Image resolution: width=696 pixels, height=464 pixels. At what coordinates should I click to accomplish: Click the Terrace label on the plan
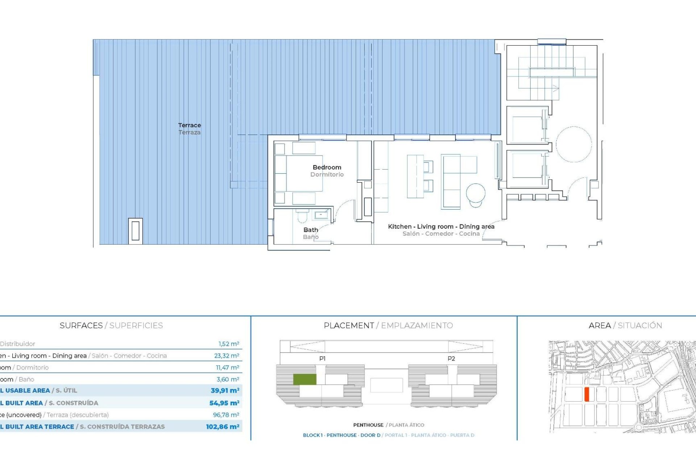189,125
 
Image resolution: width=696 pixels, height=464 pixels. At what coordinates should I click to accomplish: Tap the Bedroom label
327,167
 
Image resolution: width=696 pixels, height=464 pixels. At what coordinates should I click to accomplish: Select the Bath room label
311,230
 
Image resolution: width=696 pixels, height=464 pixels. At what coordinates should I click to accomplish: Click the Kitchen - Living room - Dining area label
441,227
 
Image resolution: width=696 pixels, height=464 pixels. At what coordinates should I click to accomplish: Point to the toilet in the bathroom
302,216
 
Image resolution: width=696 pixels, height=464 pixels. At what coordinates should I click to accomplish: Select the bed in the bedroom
299,173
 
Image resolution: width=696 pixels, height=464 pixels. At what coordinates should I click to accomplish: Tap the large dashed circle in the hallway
573,144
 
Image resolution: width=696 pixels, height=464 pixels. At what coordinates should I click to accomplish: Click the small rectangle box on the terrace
135,231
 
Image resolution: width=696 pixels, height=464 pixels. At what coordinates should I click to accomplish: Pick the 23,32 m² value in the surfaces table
226,356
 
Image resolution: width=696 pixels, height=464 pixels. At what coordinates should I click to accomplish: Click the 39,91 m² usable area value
225,390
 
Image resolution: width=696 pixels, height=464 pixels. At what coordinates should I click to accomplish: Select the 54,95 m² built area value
224,403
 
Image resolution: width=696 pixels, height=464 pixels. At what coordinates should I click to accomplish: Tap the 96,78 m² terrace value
226,415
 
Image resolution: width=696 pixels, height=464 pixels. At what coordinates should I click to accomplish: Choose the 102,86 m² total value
223,427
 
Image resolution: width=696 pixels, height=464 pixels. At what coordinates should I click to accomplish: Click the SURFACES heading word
81,326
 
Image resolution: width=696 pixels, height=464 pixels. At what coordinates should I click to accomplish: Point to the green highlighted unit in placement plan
304,379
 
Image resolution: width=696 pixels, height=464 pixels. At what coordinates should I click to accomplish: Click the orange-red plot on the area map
587,394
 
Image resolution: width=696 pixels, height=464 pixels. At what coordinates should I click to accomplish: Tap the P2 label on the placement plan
451,359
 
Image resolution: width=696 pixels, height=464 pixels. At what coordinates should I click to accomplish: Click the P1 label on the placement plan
322,359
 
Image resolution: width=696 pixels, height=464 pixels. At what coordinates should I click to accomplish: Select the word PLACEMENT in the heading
349,326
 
